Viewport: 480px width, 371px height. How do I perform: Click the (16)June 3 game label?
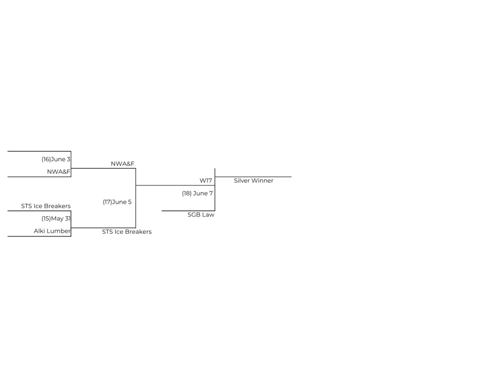coord(56,159)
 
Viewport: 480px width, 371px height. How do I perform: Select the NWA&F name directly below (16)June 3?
coord(59,172)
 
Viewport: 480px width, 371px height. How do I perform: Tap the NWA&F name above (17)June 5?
coord(122,163)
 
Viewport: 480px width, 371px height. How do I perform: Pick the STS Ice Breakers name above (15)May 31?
coord(45,206)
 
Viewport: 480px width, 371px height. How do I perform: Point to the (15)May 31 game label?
coord(56,218)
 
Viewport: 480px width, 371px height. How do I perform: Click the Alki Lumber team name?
coord(52,231)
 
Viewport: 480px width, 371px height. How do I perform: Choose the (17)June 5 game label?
coord(117,202)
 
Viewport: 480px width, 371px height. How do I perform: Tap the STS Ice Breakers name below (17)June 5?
coord(127,231)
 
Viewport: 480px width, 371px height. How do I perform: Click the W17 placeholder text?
coord(206,180)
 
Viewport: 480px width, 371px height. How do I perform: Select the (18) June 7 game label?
coord(197,193)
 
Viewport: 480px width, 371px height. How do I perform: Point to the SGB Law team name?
coord(201,215)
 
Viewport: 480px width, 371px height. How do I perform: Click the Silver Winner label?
coord(253,180)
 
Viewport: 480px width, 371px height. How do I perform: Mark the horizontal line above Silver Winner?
coord(253,177)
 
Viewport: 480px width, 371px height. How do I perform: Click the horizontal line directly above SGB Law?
coord(187,211)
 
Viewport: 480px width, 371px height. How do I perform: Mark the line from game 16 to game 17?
coord(103,168)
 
